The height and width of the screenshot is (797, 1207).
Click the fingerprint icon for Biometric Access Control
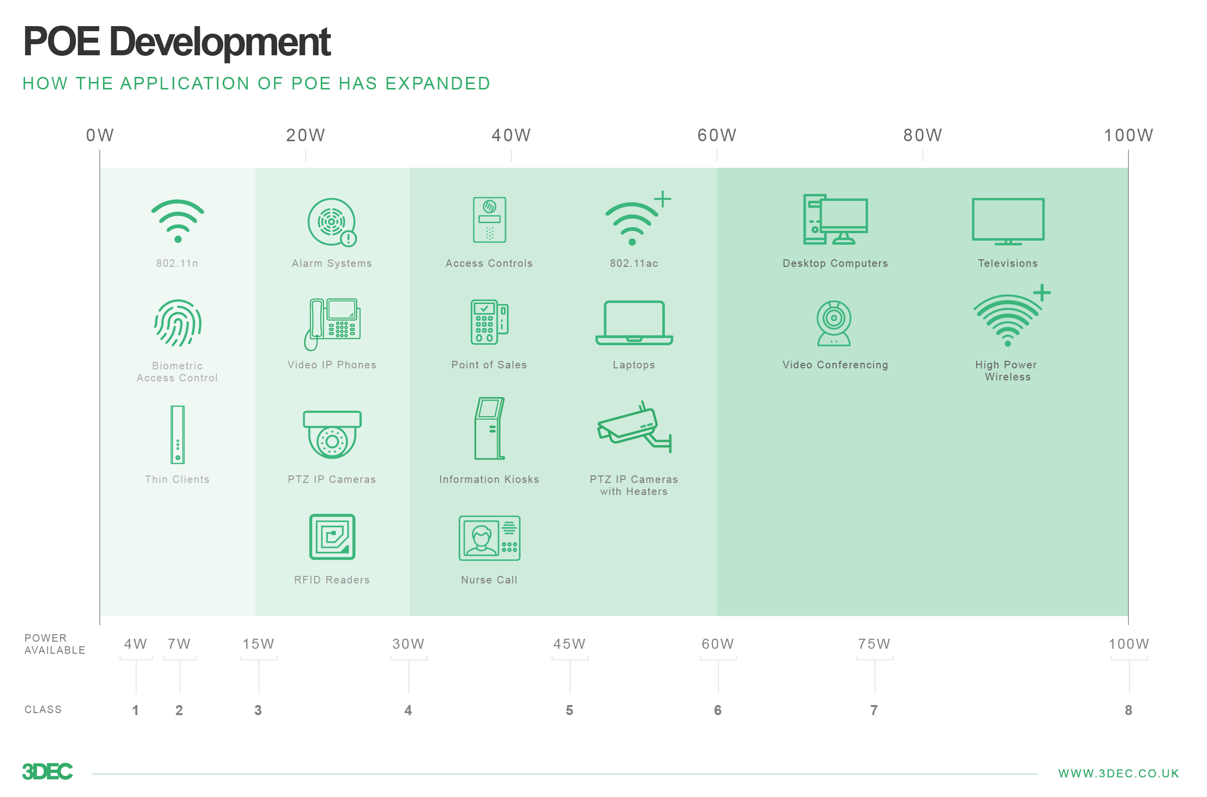[x=178, y=324]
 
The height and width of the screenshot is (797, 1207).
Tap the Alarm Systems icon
[x=332, y=223]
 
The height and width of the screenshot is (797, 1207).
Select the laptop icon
[x=634, y=324]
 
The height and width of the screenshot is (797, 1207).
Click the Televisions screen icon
[x=1008, y=222]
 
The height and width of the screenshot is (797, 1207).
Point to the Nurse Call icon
[x=489, y=538]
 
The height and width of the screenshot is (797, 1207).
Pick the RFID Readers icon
[x=332, y=537]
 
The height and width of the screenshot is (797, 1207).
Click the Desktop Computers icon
[x=836, y=220]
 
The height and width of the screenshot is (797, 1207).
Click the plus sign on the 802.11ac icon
[x=663, y=198]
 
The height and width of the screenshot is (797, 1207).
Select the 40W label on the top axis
[x=511, y=135]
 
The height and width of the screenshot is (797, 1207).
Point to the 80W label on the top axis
[x=923, y=135]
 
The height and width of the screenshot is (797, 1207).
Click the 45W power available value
[x=570, y=644]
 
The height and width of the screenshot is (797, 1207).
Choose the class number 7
[x=875, y=711]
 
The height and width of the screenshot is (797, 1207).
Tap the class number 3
[x=258, y=711]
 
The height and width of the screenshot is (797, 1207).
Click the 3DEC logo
[x=48, y=772]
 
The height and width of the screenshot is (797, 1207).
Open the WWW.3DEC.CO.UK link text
[x=1118, y=773]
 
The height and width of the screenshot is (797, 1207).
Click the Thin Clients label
[x=178, y=480]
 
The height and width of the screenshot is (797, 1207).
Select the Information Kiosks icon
[x=490, y=429]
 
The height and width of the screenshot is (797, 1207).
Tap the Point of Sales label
[x=489, y=365]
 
